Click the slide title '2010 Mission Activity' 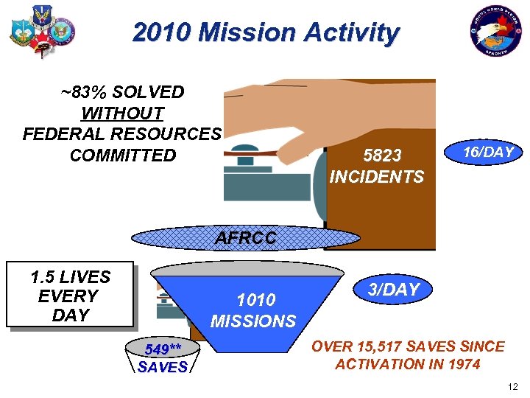point(266,32)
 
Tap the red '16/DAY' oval point(484,153)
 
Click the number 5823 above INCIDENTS point(383,156)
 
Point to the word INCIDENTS point(376,177)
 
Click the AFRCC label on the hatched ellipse point(246,239)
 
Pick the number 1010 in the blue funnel point(255,300)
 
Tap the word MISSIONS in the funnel point(253,321)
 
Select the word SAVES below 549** point(162,367)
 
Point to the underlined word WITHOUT point(121,114)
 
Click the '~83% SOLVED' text point(122,92)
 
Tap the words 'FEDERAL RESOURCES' point(121,134)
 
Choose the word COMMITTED point(122,156)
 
